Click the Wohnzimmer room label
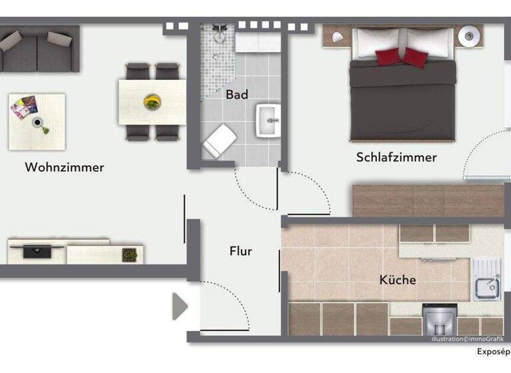pos(65,167)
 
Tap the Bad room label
pos(237,95)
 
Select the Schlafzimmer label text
pos(396,157)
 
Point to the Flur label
pos(240,251)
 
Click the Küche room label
pos(397,280)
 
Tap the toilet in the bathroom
pos(219,143)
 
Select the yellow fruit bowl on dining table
pos(152,101)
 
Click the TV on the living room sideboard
pos(37,251)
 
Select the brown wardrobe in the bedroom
pos(427,200)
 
